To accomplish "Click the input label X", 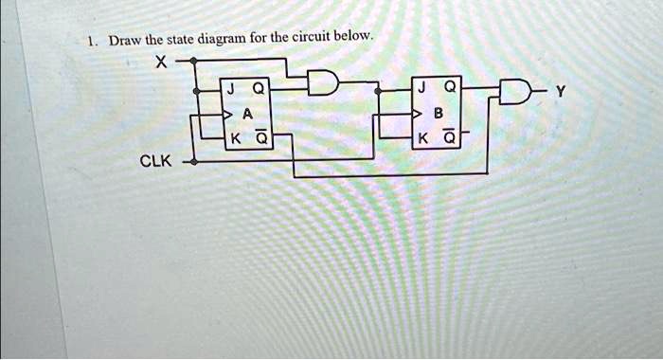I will tap(160, 63).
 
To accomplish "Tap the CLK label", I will tap(155, 161).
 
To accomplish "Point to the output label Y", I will tap(562, 94).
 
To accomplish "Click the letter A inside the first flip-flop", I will tap(247, 114).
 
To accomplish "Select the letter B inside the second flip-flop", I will tap(437, 114).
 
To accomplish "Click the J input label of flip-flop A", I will tap(230, 90).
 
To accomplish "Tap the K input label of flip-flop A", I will tap(230, 137).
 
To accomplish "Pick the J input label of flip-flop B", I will tap(420, 90).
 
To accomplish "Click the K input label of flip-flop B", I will tap(420, 137).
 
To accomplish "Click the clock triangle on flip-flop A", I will tap(227, 115).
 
